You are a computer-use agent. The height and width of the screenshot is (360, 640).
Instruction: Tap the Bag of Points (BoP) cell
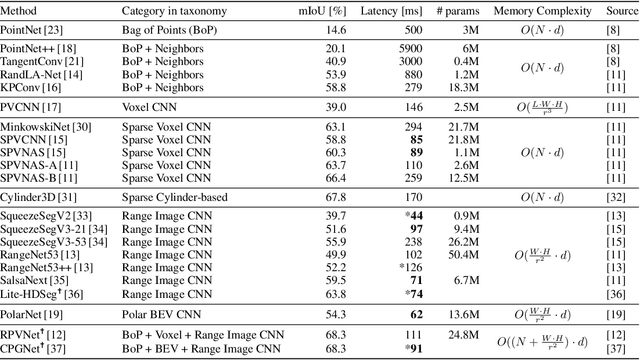coord(169,29)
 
